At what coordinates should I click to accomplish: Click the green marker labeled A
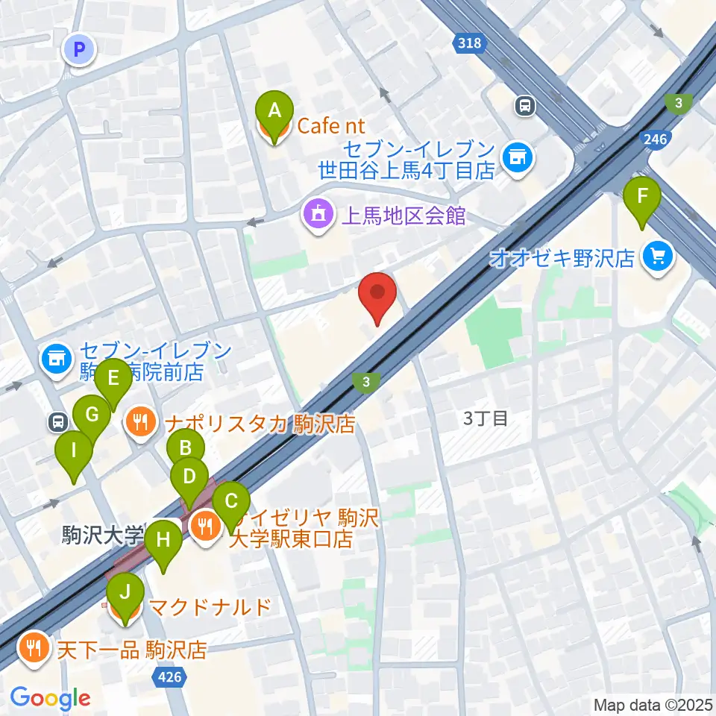point(274,112)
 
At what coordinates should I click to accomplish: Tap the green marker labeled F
point(641,198)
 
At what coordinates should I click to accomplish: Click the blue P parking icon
point(80,50)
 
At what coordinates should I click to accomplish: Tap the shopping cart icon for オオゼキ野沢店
point(657,258)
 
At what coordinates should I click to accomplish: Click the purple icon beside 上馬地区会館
point(317,216)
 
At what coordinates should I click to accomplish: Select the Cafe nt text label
point(331,126)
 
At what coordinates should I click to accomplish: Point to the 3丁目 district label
point(486,418)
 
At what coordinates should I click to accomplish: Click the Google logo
point(50,699)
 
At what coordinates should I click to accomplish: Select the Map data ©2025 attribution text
point(653,704)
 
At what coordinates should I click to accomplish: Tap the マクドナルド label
point(210,607)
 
